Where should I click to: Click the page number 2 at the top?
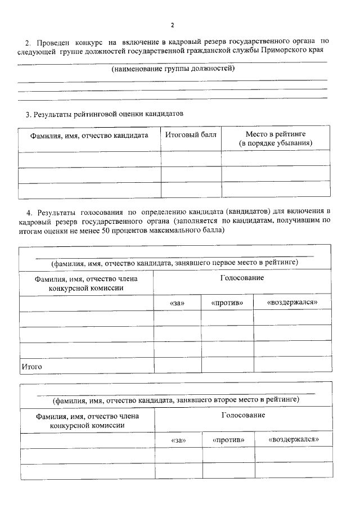tap(173, 25)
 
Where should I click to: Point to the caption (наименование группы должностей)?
tap(173, 69)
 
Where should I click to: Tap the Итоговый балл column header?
tap(191, 135)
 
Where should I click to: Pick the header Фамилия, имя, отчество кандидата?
tap(89, 136)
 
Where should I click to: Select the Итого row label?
tap(32, 367)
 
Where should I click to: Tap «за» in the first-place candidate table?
tap(177, 303)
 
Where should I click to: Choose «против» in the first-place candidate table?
tap(227, 303)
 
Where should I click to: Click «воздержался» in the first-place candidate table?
tap(292, 303)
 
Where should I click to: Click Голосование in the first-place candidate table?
tap(242, 278)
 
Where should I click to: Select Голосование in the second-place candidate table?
tap(243, 415)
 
